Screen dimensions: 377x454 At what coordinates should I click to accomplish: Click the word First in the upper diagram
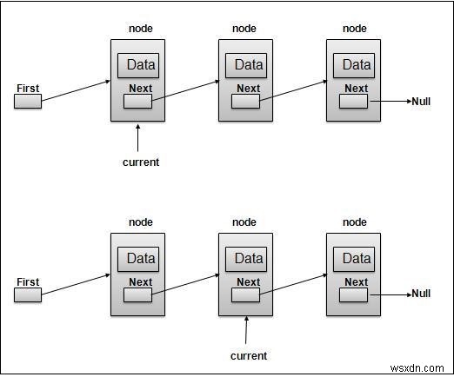pyautogui.click(x=28, y=88)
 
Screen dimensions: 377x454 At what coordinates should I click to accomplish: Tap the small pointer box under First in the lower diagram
pyautogui.click(x=28, y=295)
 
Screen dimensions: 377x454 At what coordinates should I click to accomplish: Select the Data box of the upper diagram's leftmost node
pyautogui.click(x=140, y=64)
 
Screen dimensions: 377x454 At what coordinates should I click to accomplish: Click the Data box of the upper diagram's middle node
pyautogui.click(x=248, y=64)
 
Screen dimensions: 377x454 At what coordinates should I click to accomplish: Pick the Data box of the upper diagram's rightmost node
pyautogui.click(x=356, y=64)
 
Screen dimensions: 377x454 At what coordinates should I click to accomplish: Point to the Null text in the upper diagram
pyautogui.click(x=422, y=102)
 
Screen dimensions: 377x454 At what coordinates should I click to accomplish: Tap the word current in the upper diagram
pyautogui.click(x=140, y=162)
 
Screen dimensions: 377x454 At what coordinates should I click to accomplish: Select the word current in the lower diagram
pyautogui.click(x=248, y=355)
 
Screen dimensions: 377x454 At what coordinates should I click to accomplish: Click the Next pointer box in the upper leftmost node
pyautogui.click(x=138, y=102)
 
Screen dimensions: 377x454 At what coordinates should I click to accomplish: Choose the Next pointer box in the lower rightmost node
pyautogui.click(x=354, y=295)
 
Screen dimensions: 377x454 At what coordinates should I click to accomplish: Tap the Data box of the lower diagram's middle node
pyautogui.click(x=248, y=258)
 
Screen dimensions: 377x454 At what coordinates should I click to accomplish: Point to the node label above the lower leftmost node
pyautogui.click(x=140, y=222)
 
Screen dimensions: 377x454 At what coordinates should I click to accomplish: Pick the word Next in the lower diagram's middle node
pyautogui.click(x=248, y=281)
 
